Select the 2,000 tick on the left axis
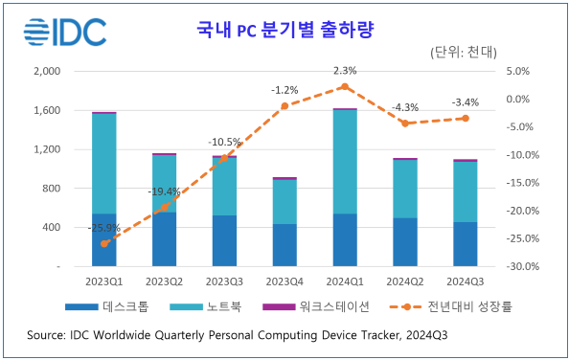click(x=47, y=72)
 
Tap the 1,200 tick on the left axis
click(x=47, y=149)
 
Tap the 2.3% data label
click(x=345, y=71)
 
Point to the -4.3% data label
click(x=405, y=107)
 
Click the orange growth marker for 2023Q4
click(x=284, y=105)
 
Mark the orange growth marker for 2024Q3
click(x=465, y=118)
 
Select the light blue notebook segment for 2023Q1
click(x=104, y=163)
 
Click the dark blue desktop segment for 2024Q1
click(x=345, y=239)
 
